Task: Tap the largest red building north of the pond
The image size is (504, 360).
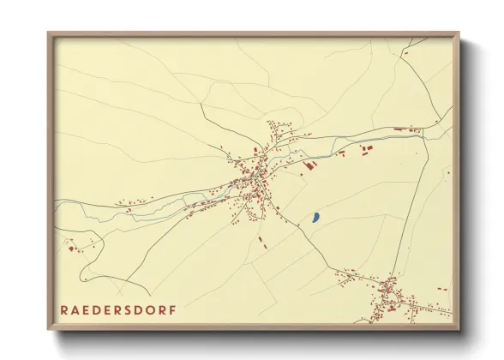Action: pos(310,163)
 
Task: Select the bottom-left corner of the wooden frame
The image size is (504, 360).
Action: pos(49,329)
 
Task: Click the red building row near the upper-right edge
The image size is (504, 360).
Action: pos(407,130)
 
